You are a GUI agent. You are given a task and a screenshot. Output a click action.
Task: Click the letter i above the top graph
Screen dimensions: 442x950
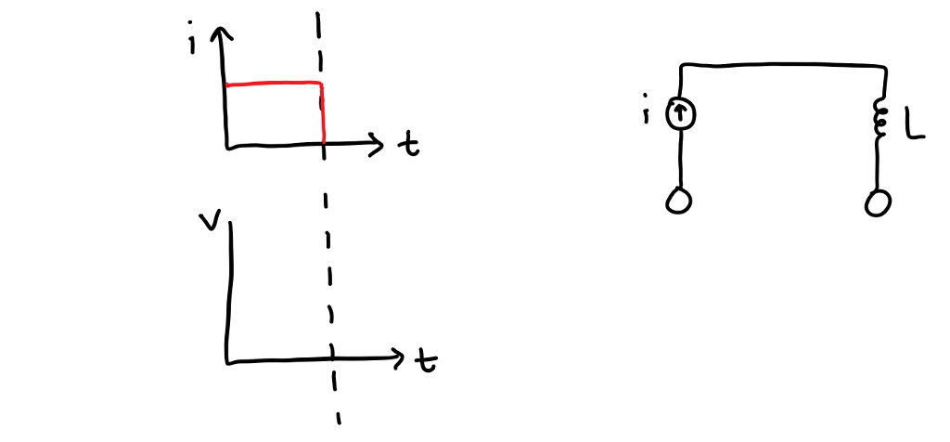coord(191,42)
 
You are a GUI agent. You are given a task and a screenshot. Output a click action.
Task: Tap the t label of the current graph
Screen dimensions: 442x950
coord(407,146)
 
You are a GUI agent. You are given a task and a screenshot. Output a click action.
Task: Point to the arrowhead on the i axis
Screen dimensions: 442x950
coord(221,33)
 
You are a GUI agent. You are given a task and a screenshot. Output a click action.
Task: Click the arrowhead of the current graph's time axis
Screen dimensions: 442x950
coord(377,144)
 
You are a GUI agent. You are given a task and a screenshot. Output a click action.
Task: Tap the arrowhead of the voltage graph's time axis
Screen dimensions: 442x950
coord(399,357)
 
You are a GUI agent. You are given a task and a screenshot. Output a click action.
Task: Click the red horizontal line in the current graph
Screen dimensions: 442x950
coord(274,84)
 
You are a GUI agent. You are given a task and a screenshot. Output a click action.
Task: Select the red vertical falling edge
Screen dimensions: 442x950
coord(323,116)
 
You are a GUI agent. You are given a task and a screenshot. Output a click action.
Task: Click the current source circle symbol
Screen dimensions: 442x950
coord(682,114)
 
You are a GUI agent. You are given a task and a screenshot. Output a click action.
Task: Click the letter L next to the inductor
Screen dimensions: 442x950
coord(914,126)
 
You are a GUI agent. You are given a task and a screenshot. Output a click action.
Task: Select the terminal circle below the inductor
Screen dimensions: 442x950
coord(877,201)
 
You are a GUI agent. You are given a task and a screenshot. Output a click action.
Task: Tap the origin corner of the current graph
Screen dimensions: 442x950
coord(226,147)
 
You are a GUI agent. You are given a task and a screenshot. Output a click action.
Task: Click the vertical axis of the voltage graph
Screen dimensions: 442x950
coord(228,288)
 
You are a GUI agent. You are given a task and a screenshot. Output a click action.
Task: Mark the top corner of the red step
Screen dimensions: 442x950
coord(321,84)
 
